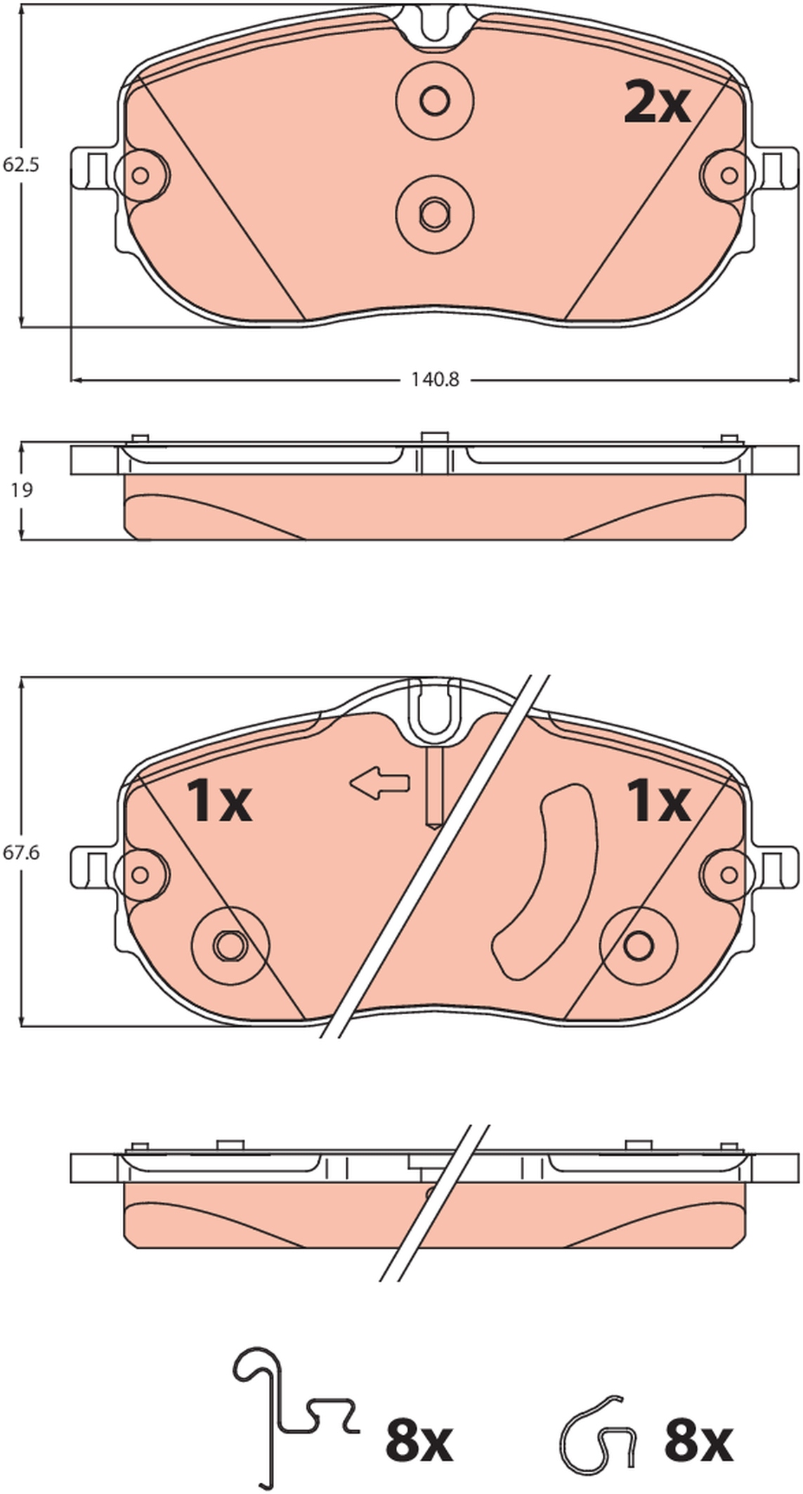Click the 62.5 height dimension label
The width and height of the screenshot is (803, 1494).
pyautogui.click(x=21, y=165)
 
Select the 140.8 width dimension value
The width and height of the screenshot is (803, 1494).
pyautogui.click(x=435, y=379)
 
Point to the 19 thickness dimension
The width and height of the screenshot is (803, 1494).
pyautogui.click(x=22, y=490)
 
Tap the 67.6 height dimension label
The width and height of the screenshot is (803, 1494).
pyautogui.click(x=21, y=852)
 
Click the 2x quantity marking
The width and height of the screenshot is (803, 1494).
pyautogui.click(x=658, y=103)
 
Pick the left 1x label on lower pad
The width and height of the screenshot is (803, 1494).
pyautogui.click(x=218, y=801)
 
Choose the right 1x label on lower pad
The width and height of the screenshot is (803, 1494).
pyautogui.click(x=658, y=801)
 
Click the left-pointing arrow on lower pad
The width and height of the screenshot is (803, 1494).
pyautogui.click(x=379, y=782)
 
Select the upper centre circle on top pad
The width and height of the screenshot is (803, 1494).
pyautogui.click(x=434, y=100)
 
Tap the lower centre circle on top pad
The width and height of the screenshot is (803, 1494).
pyautogui.click(x=434, y=213)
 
